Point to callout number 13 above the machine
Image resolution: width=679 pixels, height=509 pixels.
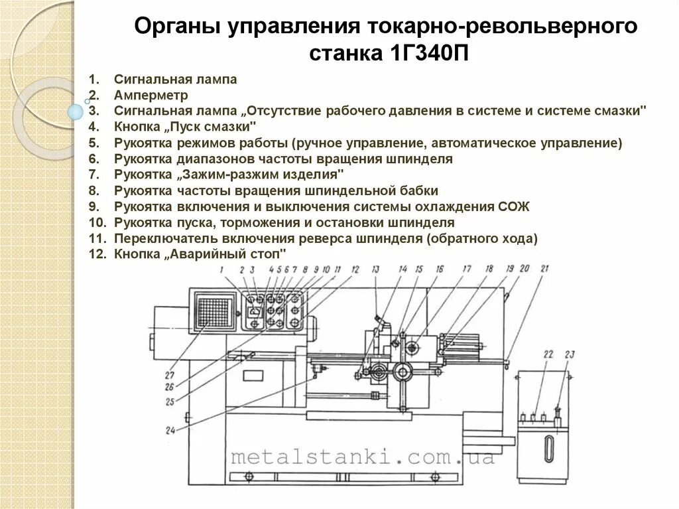pos(375,269)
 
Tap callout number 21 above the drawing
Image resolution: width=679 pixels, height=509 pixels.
pos(544,269)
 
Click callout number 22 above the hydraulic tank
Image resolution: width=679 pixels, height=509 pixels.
pos(548,354)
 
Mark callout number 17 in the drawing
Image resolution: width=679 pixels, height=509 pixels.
pos(466,269)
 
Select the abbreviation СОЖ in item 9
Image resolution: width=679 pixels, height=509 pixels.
pos(514,206)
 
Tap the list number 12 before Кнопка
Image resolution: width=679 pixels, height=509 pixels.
pos(97,254)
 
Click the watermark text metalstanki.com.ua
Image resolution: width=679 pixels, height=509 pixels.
pos(362,457)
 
